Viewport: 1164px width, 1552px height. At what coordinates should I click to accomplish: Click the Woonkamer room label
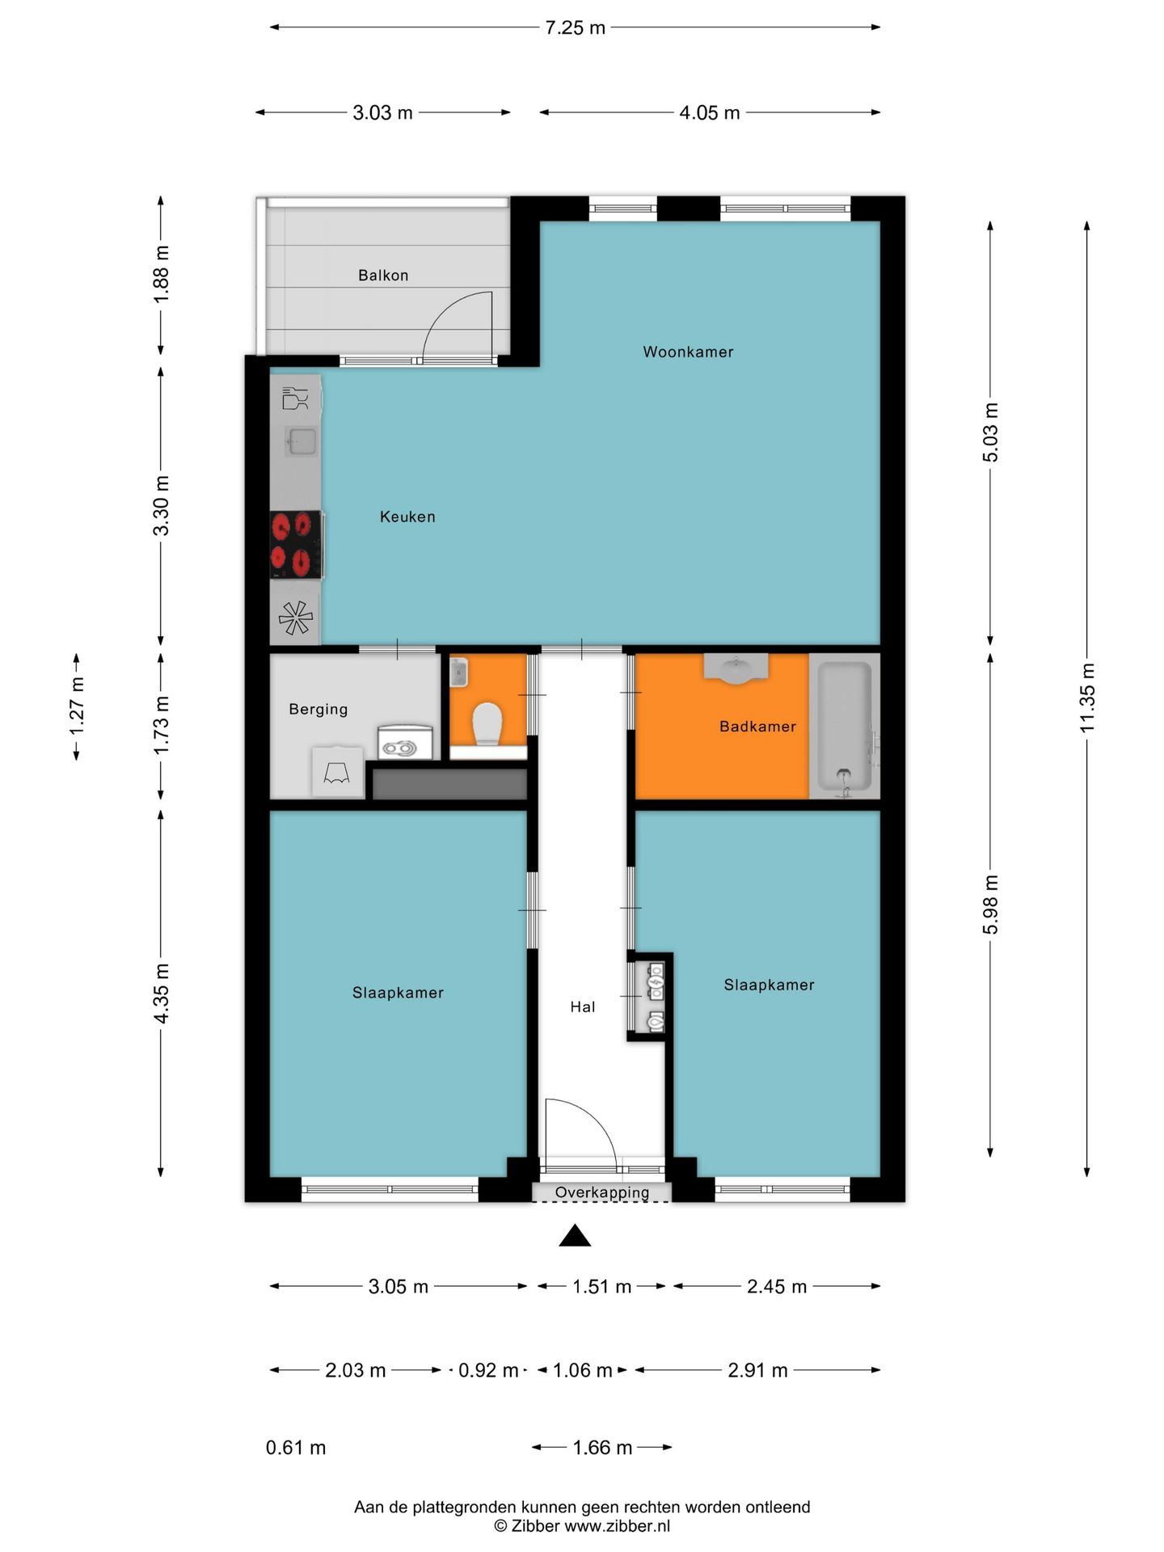click(688, 352)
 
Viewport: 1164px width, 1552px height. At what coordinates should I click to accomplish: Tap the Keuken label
click(407, 517)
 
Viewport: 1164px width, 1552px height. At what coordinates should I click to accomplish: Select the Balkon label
click(383, 275)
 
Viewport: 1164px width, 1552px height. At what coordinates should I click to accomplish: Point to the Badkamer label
click(757, 726)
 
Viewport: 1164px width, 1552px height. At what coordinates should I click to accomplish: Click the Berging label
click(318, 709)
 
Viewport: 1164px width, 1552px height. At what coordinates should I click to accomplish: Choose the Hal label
click(583, 1006)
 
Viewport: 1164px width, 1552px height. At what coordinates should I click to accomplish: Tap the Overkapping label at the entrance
click(602, 1192)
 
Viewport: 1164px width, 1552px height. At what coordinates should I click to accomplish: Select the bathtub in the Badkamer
click(845, 726)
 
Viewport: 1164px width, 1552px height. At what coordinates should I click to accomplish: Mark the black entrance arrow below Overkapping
click(575, 1235)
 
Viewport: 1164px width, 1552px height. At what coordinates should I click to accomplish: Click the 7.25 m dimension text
click(575, 27)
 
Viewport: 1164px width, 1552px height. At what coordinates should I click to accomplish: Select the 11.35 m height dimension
click(1087, 698)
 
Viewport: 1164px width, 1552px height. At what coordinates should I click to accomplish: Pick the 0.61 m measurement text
click(296, 1447)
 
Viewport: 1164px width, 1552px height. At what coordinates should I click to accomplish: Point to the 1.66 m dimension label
click(602, 1447)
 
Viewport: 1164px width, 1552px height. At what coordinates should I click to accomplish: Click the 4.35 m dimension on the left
click(162, 993)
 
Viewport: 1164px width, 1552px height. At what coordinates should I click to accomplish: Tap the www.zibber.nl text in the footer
click(617, 1526)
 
